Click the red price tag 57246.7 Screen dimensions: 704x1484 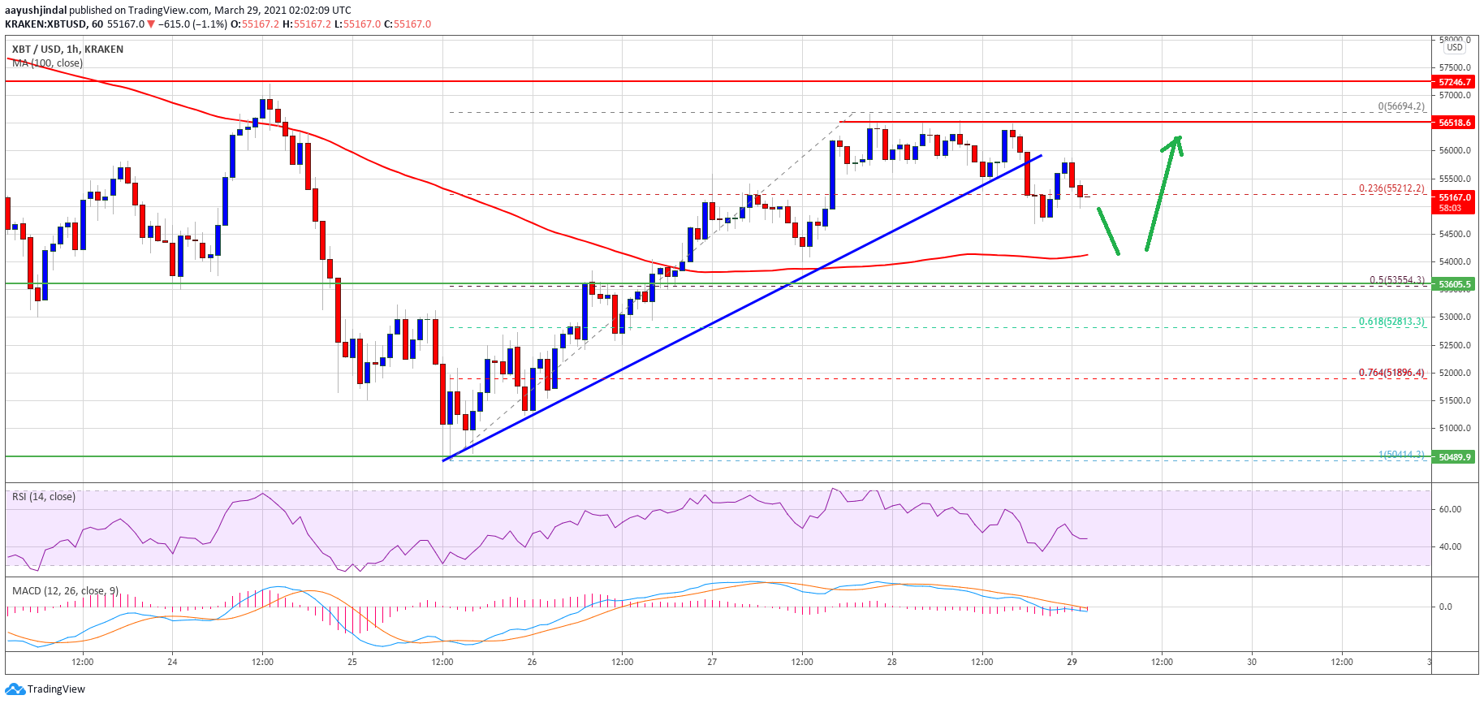(x=1454, y=82)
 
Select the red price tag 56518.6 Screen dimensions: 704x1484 (x=1454, y=123)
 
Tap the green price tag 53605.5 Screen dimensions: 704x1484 (x=1454, y=284)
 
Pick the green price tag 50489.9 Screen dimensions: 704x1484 (x=1454, y=457)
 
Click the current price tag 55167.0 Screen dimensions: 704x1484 (x=1454, y=197)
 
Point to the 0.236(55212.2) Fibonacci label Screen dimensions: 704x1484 (x=1391, y=188)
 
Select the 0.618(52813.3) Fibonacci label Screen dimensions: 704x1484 (x=1391, y=322)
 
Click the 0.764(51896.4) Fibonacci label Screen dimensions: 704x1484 (x=1391, y=373)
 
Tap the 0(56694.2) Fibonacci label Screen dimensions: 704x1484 (x=1401, y=106)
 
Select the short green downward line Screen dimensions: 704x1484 (x=1109, y=231)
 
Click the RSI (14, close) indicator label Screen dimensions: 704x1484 (x=43, y=497)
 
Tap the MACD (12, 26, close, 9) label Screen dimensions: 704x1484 (x=65, y=590)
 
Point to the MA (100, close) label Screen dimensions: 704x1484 (x=47, y=63)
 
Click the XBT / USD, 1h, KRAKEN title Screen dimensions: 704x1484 (x=67, y=50)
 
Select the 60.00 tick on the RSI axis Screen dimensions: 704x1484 (x=1450, y=510)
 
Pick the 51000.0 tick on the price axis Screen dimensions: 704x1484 (x=1454, y=428)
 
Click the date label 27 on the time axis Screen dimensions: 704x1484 (x=712, y=662)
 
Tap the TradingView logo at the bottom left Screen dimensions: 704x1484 (x=45, y=689)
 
